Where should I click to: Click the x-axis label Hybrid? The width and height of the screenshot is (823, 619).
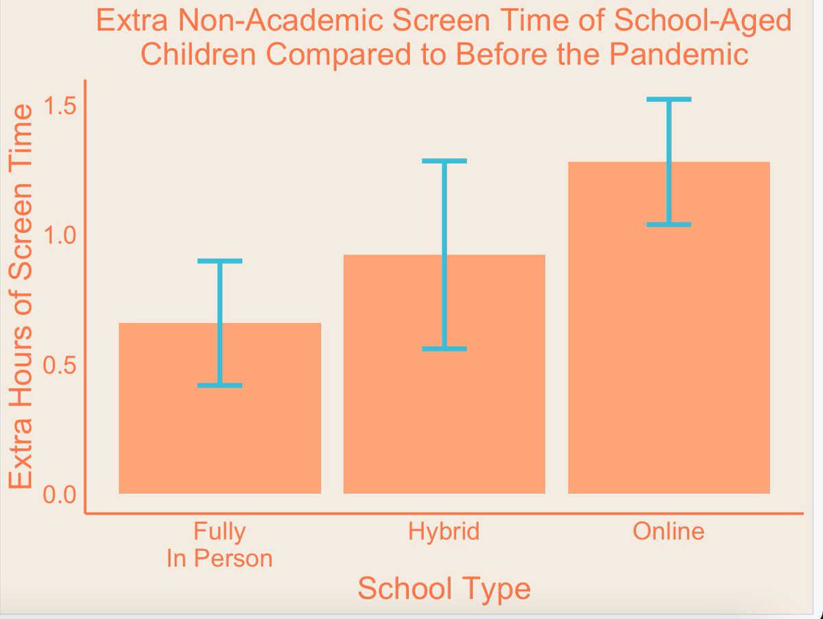click(x=444, y=532)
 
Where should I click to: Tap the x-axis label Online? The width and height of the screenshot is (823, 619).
click(x=669, y=532)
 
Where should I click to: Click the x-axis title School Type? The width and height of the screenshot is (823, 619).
click(x=444, y=589)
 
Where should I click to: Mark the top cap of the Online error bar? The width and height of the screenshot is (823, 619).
click(x=669, y=100)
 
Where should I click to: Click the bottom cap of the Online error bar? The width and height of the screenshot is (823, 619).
click(x=669, y=224)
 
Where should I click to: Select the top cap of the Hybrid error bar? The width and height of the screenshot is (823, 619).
click(x=444, y=161)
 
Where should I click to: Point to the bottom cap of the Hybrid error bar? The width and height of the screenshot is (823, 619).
click(x=444, y=349)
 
